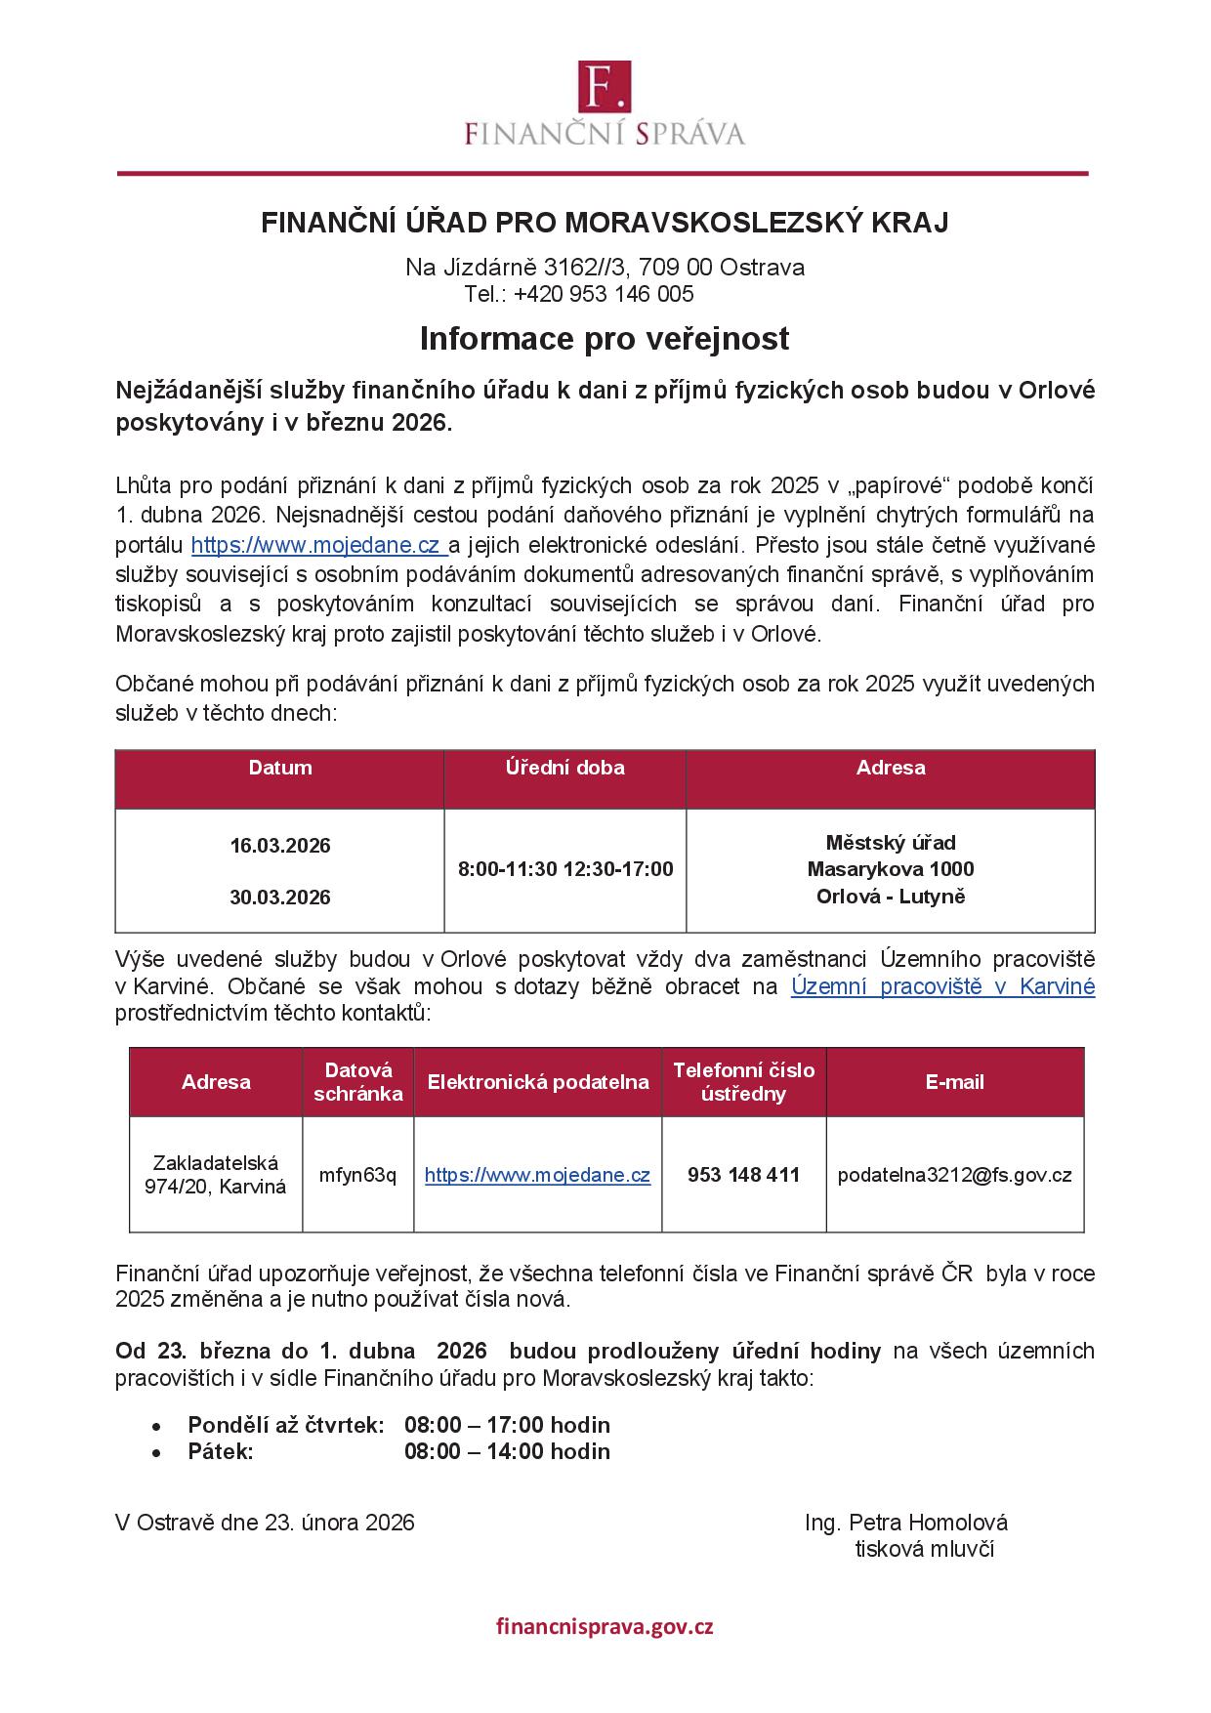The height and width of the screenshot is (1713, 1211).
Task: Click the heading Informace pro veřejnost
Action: pyautogui.click(x=605, y=339)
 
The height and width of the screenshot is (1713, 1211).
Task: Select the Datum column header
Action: pyautogui.click(x=280, y=768)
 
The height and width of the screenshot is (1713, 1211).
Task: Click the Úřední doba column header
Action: pyautogui.click(x=565, y=768)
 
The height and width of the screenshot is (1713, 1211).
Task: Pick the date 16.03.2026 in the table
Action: pyautogui.click(x=280, y=846)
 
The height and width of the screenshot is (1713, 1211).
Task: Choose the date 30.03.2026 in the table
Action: pyautogui.click(x=280, y=897)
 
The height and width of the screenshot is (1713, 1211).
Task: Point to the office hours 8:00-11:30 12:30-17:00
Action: pyautogui.click(x=565, y=869)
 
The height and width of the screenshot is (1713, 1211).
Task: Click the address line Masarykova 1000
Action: pyautogui.click(x=891, y=869)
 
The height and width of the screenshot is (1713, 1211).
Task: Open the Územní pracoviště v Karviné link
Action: pyautogui.click(x=942, y=986)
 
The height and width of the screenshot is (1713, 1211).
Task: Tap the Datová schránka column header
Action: pyautogui.click(x=357, y=1082)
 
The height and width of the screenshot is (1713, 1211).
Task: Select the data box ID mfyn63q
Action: pyautogui.click(x=357, y=1175)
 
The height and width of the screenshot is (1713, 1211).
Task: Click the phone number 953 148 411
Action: pyautogui.click(x=743, y=1175)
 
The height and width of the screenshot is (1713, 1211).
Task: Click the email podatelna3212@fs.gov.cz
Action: pyautogui.click(x=954, y=1175)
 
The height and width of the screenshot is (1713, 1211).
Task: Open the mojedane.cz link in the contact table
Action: pyautogui.click(x=537, y=1175)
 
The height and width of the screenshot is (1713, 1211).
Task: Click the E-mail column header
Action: pyautogui.click(x=954, y=1082)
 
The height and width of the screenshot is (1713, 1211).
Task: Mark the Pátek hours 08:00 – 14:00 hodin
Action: pyautogui.click(x=507, y=1451)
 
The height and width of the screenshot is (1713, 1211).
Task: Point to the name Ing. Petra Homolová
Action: pyautogui.click(x=906, y=1523)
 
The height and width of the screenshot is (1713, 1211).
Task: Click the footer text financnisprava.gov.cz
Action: pyautogui.click(x=605, y=1627)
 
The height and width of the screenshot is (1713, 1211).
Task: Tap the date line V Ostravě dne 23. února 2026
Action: pyautogui.click(x=265, y=1523)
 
